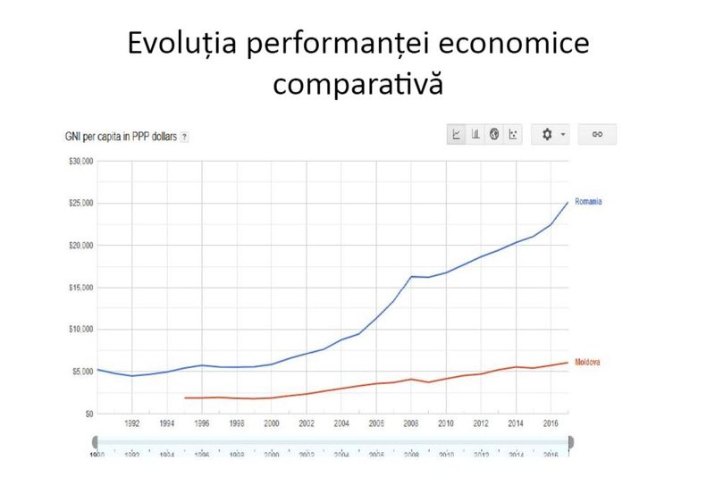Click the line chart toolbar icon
tap(457, 134)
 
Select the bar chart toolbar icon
tap(475, 134)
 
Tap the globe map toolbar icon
tap(494, 134)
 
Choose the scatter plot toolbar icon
tap(512, 134)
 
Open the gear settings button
tap(550, 134)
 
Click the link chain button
tap(598, 134)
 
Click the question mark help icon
tap(185, 137)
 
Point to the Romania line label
tap(588, 202)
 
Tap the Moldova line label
tap(587, 362)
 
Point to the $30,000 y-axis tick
tap(80, 162)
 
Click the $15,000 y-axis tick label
tap(80, 288)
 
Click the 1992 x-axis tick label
tap(131, 425)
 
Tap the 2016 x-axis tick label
tap(551, 425)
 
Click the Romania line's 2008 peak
tap(411, 276)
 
